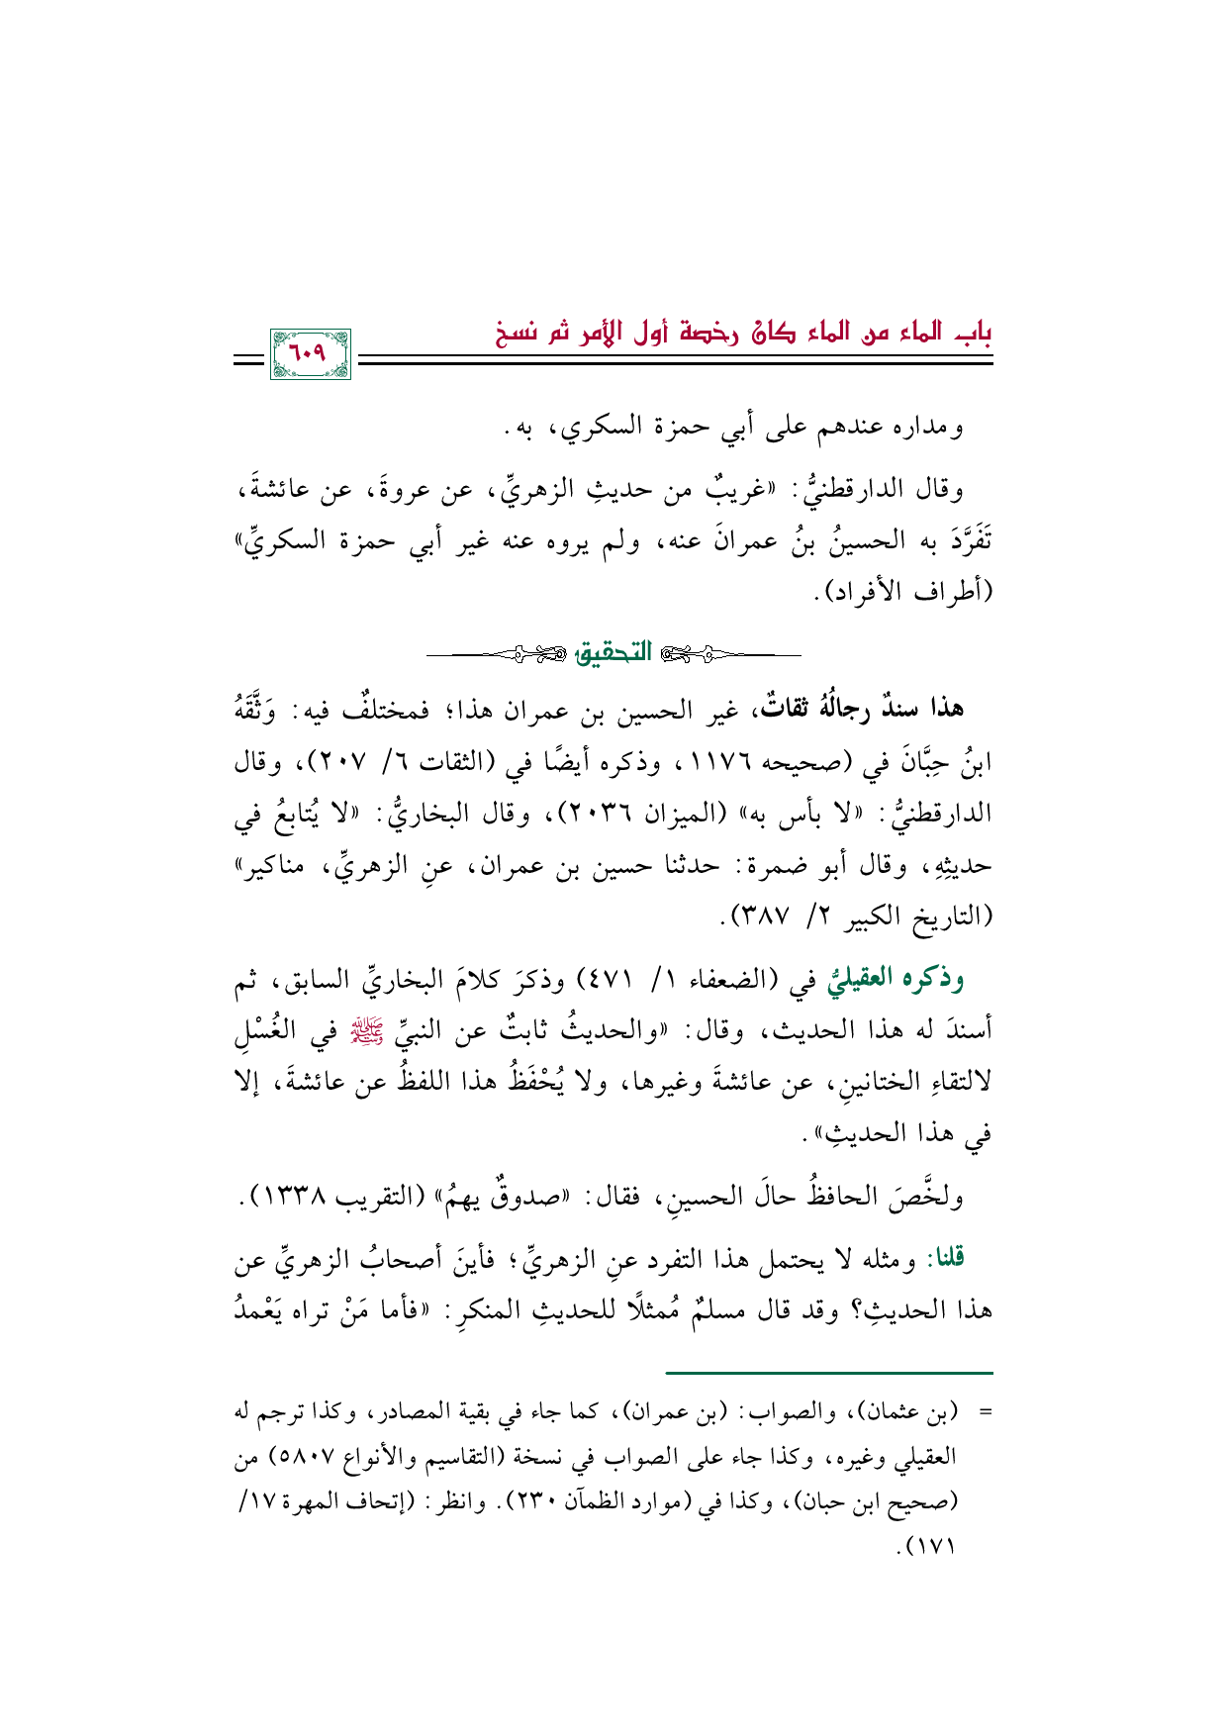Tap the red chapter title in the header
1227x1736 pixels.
(744, 333)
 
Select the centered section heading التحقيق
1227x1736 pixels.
(614, 652)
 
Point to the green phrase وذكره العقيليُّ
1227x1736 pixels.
(900, 979)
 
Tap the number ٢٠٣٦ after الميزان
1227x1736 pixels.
(598, 815)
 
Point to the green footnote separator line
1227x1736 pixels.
(828, 1373)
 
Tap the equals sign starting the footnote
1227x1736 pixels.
(984, 1413)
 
